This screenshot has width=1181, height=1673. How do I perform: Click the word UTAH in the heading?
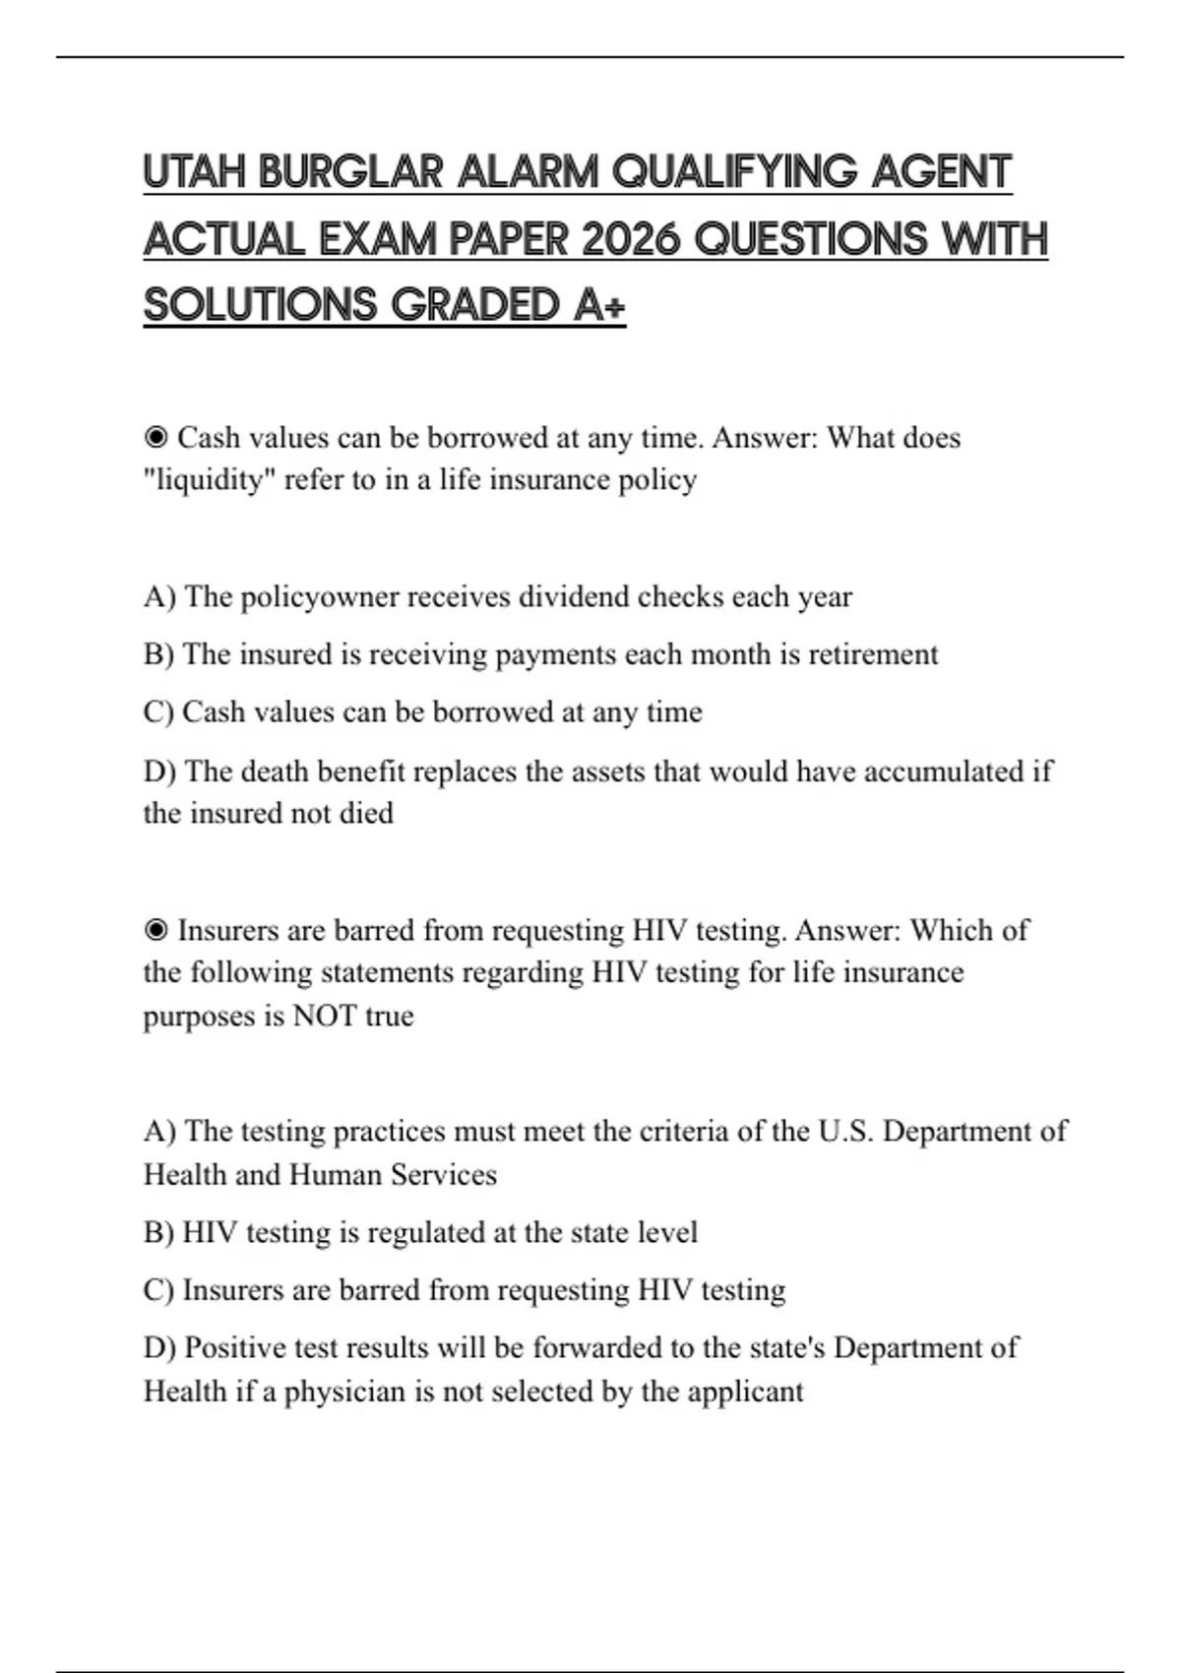coord(194,172)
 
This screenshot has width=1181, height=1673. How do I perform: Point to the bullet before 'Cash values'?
coord(155,437)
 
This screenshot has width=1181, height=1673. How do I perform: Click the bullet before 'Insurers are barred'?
coord(155,930)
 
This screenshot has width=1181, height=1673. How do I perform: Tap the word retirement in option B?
coord(873,654)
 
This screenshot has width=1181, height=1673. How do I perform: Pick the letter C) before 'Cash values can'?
coord(158,712)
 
